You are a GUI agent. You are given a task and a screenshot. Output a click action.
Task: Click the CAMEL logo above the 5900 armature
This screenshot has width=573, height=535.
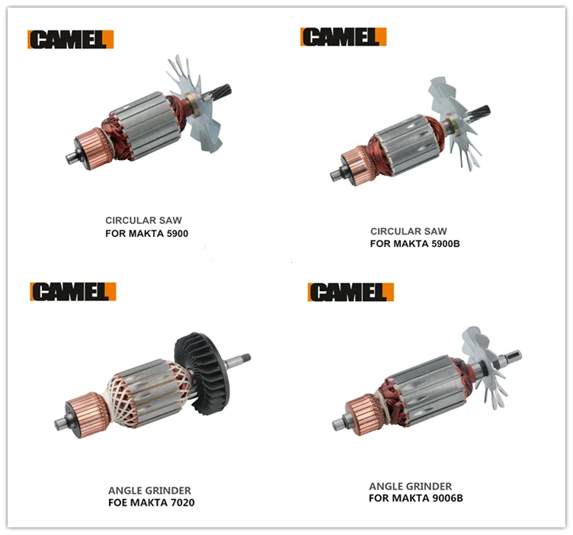[x=71, y=40]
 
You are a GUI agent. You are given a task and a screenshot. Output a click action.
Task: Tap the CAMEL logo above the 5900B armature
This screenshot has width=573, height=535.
[x=343, y=37]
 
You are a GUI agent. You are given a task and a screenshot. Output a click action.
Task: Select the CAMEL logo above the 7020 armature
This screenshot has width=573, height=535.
[x=73, y=292]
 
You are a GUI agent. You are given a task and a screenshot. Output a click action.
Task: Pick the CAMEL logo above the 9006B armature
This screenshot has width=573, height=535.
[x=351, y=292]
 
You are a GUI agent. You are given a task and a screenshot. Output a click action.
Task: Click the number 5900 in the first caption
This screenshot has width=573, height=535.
[x=177, y=233]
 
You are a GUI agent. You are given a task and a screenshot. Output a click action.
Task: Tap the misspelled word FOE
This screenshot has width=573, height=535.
[x=117, y=502]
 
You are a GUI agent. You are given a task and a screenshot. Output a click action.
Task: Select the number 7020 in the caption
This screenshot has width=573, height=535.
[x=183, y=502]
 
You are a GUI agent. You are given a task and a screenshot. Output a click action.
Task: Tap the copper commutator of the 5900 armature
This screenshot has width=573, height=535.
[x=92, y=148]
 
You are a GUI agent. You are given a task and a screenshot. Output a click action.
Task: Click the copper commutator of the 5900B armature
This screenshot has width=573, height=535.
[x=357, y=165]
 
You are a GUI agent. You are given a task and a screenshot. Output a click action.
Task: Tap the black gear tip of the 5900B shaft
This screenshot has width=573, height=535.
[x=482, y=112]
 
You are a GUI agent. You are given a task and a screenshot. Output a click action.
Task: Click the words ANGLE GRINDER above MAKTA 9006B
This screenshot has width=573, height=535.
[x=411, y=486]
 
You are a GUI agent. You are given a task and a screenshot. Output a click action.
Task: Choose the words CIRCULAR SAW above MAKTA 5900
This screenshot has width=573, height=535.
[x=143, y=220]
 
